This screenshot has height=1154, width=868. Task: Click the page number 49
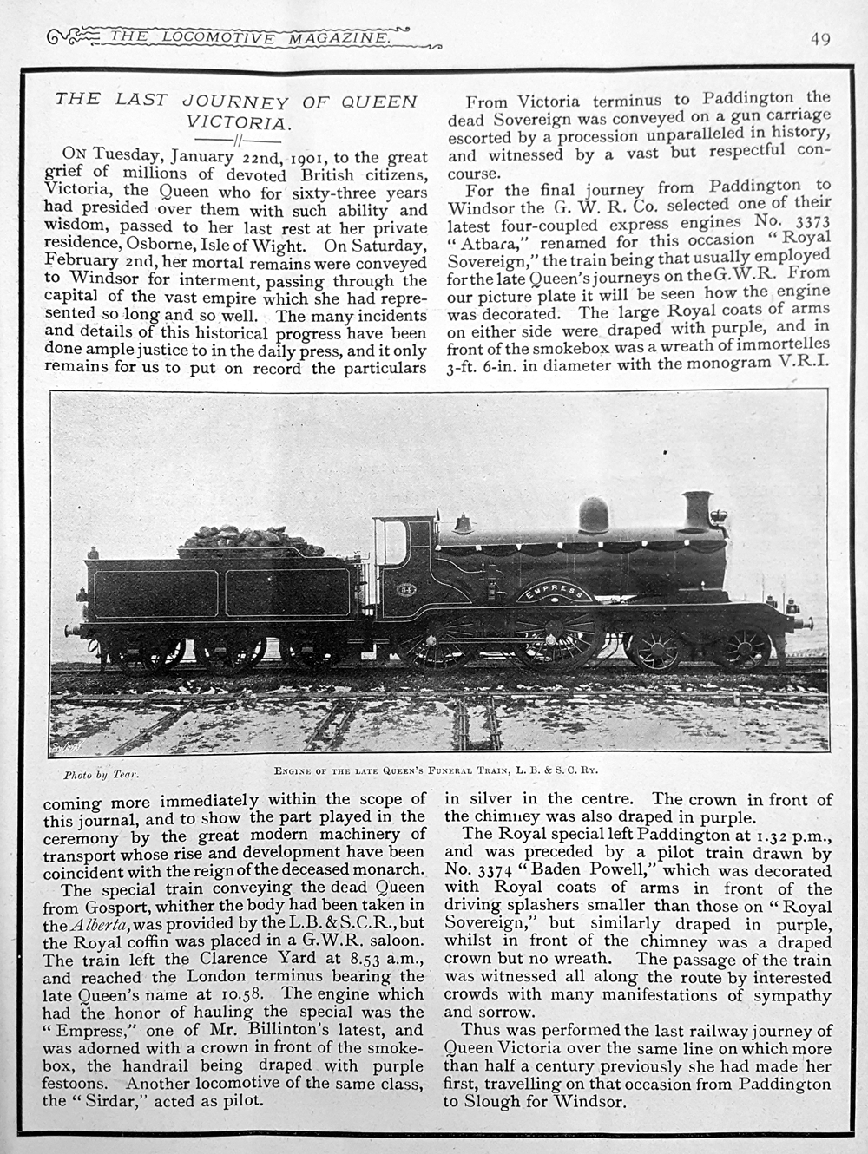(820, 39)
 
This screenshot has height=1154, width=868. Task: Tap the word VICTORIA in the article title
(236, 123)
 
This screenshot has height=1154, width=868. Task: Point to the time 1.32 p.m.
(774, 836)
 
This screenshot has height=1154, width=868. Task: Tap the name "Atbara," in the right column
(488, 239)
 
